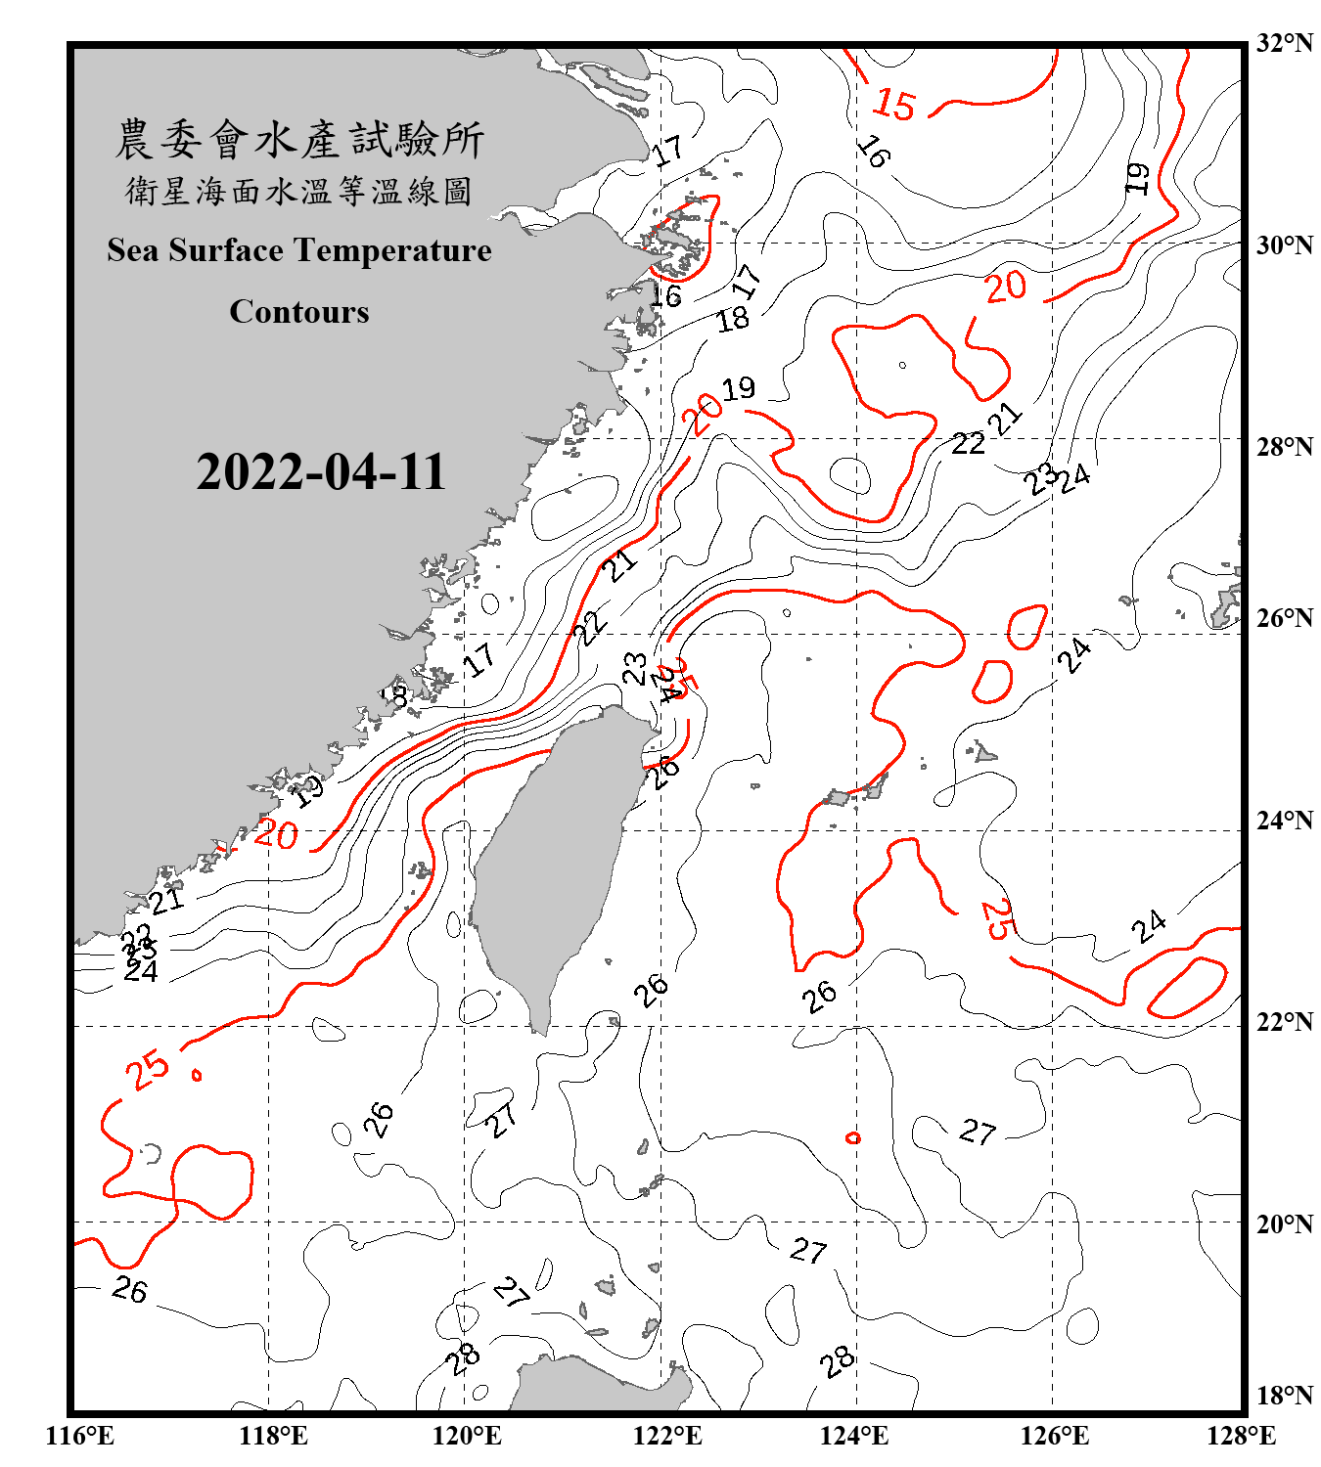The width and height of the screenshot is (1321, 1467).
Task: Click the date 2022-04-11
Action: tap(321, 472)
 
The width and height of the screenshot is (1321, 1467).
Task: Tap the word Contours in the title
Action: tap(299, 312)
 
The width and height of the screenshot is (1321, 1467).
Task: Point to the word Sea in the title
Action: tap(134, 250)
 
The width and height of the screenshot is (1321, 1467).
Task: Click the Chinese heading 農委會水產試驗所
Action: tap(299, 140)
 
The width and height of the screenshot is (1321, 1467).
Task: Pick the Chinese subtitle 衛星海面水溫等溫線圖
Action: tap(299, 191)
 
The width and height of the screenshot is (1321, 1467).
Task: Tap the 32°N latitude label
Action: tap(1284, 43)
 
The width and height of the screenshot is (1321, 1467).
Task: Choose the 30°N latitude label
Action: tap(1284, 245)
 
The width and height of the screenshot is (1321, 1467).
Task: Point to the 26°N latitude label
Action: tap(1284, 618)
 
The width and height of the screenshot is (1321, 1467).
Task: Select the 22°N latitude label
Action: tap(1284, 1022)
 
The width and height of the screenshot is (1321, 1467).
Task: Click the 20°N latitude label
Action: tap(1284, 1223)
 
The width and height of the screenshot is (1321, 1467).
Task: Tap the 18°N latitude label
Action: tap(1284, 1396)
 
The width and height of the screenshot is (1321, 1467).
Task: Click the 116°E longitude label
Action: tap(80, 1436)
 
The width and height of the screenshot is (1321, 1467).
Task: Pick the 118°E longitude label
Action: tap(273, 1436)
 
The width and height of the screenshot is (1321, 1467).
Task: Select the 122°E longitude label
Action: tap(667, 1436)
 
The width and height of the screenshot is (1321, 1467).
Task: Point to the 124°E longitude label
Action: tap(854, 1436)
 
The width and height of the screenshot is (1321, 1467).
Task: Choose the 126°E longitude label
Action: tap(1054, 1436)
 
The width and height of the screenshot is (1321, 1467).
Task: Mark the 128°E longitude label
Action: tap(1241, 1436)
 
